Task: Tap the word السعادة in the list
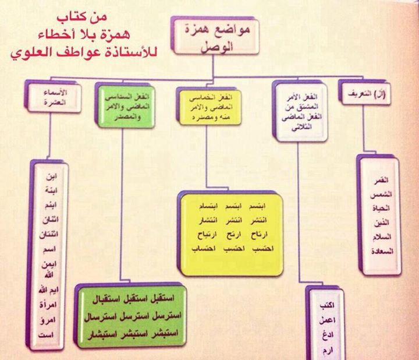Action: pyautogui.click(x=381, y=252)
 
